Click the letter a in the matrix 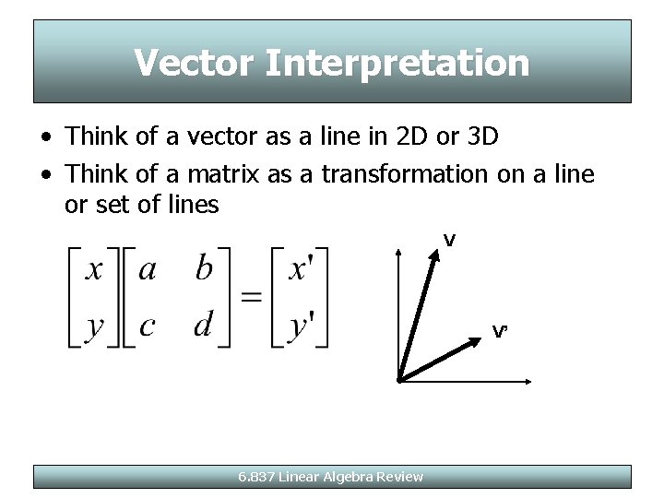coord(148,269)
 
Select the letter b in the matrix coord(204,268)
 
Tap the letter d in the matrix coord(204,326)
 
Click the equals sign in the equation coord(250,297)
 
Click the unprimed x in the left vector coord(93,269)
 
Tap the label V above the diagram coord(449,241)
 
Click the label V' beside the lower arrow coord(500,331)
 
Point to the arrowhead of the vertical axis coord(397,252)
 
